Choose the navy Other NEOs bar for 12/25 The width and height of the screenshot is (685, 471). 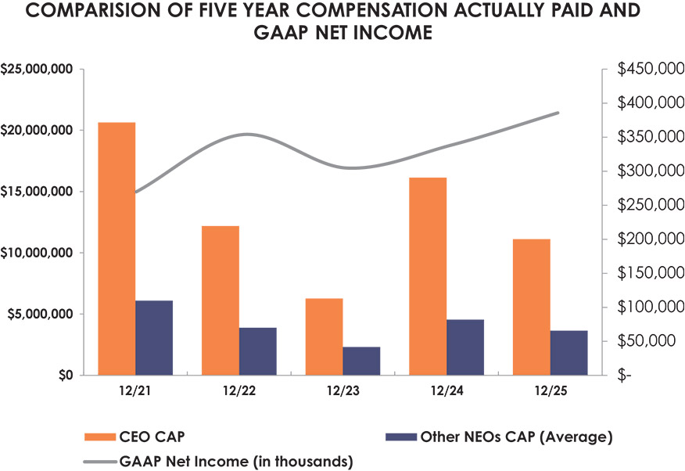(x=568, y=353)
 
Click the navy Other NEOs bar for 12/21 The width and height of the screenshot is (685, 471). (x=154, y=338)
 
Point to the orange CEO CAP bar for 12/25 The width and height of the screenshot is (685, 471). (x=531, y=307)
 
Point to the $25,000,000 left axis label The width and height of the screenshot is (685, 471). (x=37, y=70)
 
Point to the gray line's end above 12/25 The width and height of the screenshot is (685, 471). (x=558, y=113)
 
